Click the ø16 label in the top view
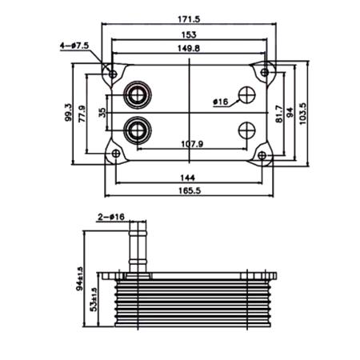click(x=221, y=102)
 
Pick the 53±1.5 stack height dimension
click(x=94, y=300)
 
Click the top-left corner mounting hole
click(x=113, y=74)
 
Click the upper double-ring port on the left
click(x=136, y=96)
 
